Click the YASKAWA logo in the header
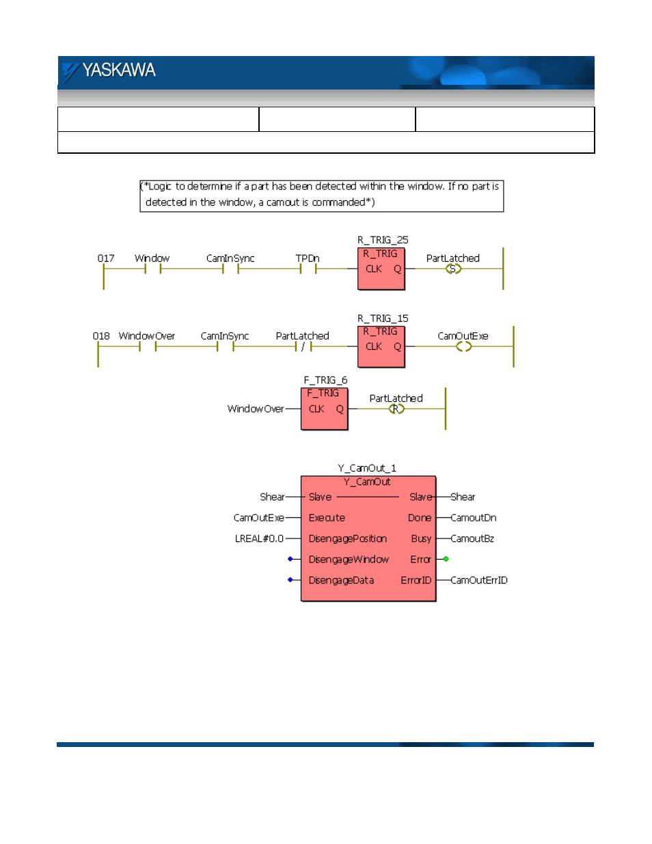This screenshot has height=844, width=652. point(109,71)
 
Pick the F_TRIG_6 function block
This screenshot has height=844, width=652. point(324,409)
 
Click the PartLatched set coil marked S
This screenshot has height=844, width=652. point(453,269)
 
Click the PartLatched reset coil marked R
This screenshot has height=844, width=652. point(396,409)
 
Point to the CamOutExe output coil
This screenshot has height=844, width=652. point(463,346)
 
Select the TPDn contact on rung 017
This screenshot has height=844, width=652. point(308,269)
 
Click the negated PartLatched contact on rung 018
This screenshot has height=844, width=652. point(303,346)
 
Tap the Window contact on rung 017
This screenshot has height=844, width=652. point(152,269)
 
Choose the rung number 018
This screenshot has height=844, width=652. point(101,336)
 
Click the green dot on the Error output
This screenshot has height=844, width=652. point(446,559)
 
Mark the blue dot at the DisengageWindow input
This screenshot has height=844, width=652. point(290,559)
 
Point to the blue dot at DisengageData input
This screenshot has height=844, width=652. point(290,580)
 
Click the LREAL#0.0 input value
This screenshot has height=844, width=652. point(259,539)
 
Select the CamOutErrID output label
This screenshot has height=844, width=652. point(479,580)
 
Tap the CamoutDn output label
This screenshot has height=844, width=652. point(474,518)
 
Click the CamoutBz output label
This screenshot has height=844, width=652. point(472,539)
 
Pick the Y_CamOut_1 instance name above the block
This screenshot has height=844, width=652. point(367,468)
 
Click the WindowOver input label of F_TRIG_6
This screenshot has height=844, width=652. point(256,409)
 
